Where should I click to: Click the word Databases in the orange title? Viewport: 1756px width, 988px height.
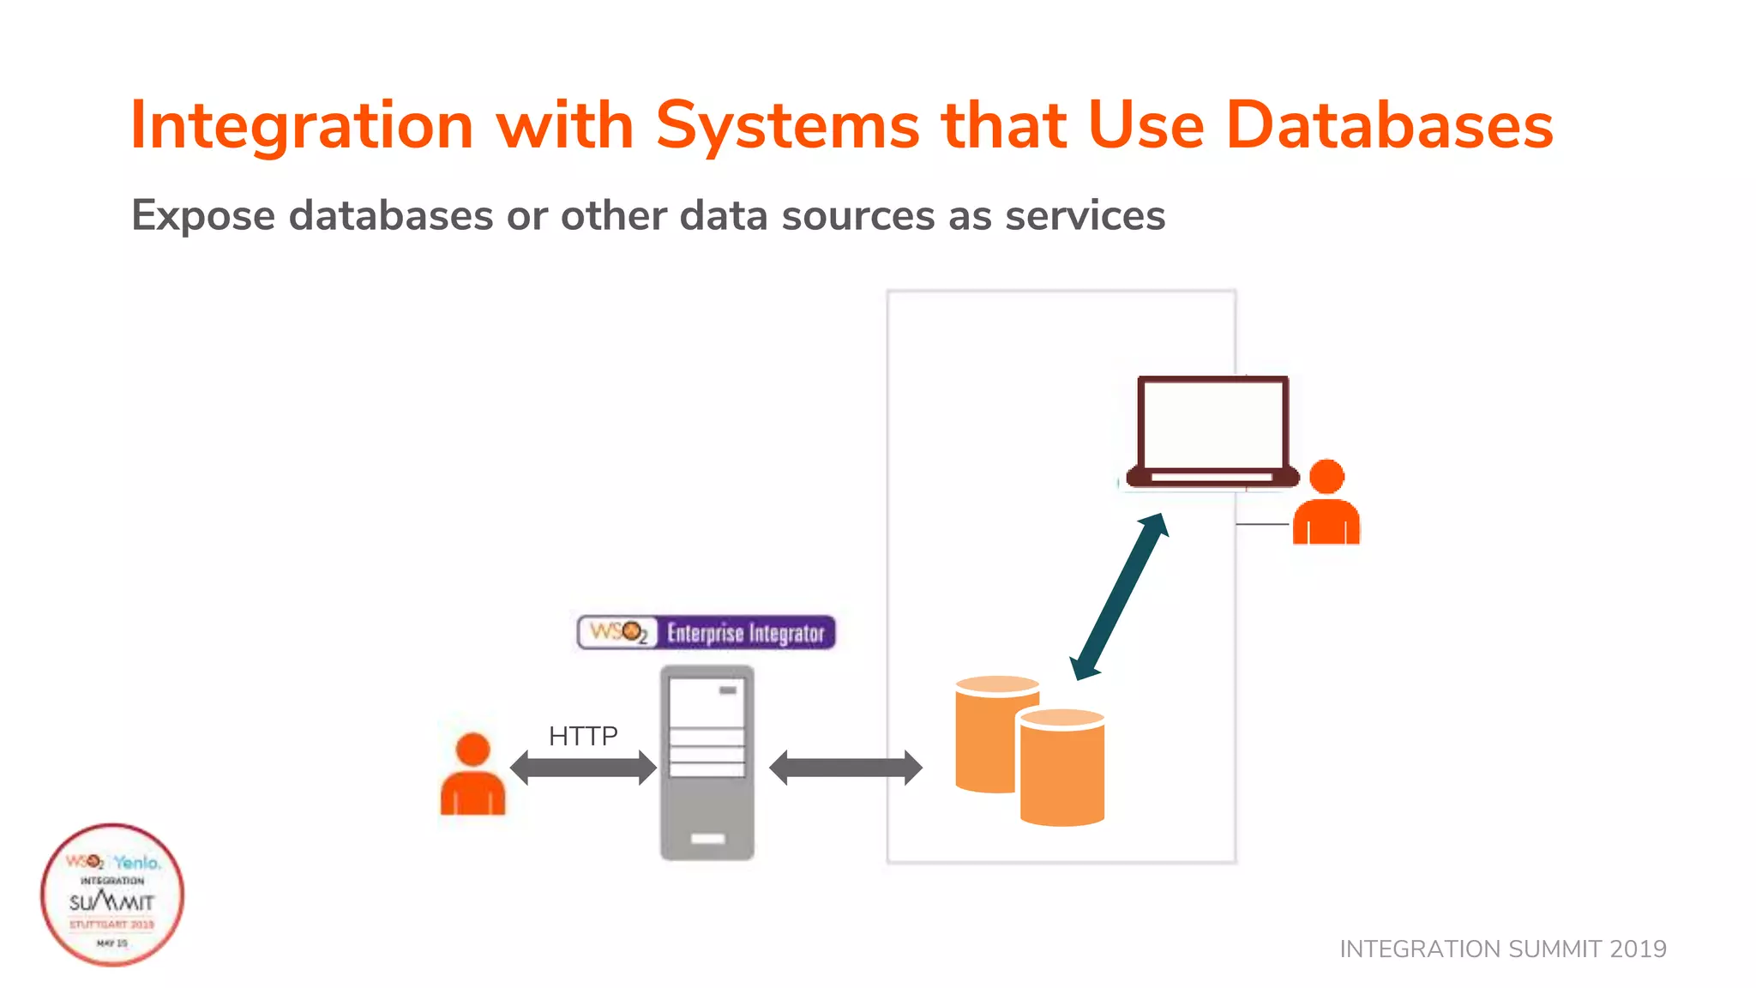1389,126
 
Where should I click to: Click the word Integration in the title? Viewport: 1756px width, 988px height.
301,126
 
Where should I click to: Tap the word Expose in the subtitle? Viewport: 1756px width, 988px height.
202,215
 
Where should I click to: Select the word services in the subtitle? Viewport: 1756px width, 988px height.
1085,215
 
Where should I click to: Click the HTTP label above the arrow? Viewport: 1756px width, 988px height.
583,736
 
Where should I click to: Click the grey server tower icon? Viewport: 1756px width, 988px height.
707,763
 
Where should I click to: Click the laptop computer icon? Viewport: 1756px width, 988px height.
1212,431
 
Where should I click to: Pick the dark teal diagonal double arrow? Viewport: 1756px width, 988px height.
1119,597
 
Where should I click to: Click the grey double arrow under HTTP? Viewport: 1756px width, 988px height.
583,768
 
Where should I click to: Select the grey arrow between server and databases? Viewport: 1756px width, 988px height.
845,768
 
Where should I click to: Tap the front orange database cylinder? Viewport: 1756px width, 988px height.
1062,768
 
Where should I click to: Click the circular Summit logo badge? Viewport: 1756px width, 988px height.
112,895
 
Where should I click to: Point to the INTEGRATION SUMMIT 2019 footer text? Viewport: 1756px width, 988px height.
1502,949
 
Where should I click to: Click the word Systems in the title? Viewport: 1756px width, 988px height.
787,126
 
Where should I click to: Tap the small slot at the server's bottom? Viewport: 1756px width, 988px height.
707,839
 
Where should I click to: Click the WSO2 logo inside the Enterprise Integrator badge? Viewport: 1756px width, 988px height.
618,633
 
